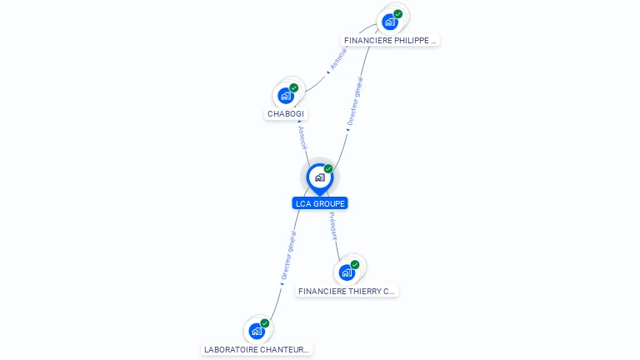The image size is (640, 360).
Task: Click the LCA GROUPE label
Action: coord(320,203)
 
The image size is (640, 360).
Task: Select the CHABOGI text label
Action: coord(286,114)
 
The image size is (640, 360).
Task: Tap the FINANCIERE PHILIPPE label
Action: coord(390,40)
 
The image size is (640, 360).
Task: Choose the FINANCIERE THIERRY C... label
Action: coord(347,292)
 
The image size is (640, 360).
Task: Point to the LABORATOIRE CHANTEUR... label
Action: coord(257,350)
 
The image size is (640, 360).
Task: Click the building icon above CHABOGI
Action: coord(285,96)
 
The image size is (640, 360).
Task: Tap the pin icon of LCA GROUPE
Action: coord(318,177)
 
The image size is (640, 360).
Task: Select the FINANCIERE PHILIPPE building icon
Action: coord(389,22)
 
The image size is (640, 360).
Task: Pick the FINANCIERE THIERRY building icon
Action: coord(347,272)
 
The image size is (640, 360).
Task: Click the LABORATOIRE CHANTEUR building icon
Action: coord(257,331)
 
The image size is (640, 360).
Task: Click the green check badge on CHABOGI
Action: coord(294,87)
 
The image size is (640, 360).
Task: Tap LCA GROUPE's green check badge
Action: coord(328,169)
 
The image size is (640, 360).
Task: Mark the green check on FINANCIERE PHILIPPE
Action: coord(398,14)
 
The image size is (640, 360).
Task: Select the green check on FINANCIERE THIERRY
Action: coord(355,265)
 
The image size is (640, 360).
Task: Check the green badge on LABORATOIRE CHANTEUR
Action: coord(265,323)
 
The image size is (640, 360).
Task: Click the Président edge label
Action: coord(332,225)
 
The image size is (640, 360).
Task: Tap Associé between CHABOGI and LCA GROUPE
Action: coord(302,137)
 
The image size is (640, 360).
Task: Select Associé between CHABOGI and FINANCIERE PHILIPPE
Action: coord(337,59)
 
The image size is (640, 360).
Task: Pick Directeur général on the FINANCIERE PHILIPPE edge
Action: coord(355,101)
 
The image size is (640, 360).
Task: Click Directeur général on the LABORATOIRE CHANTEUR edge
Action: coord(287,255)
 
